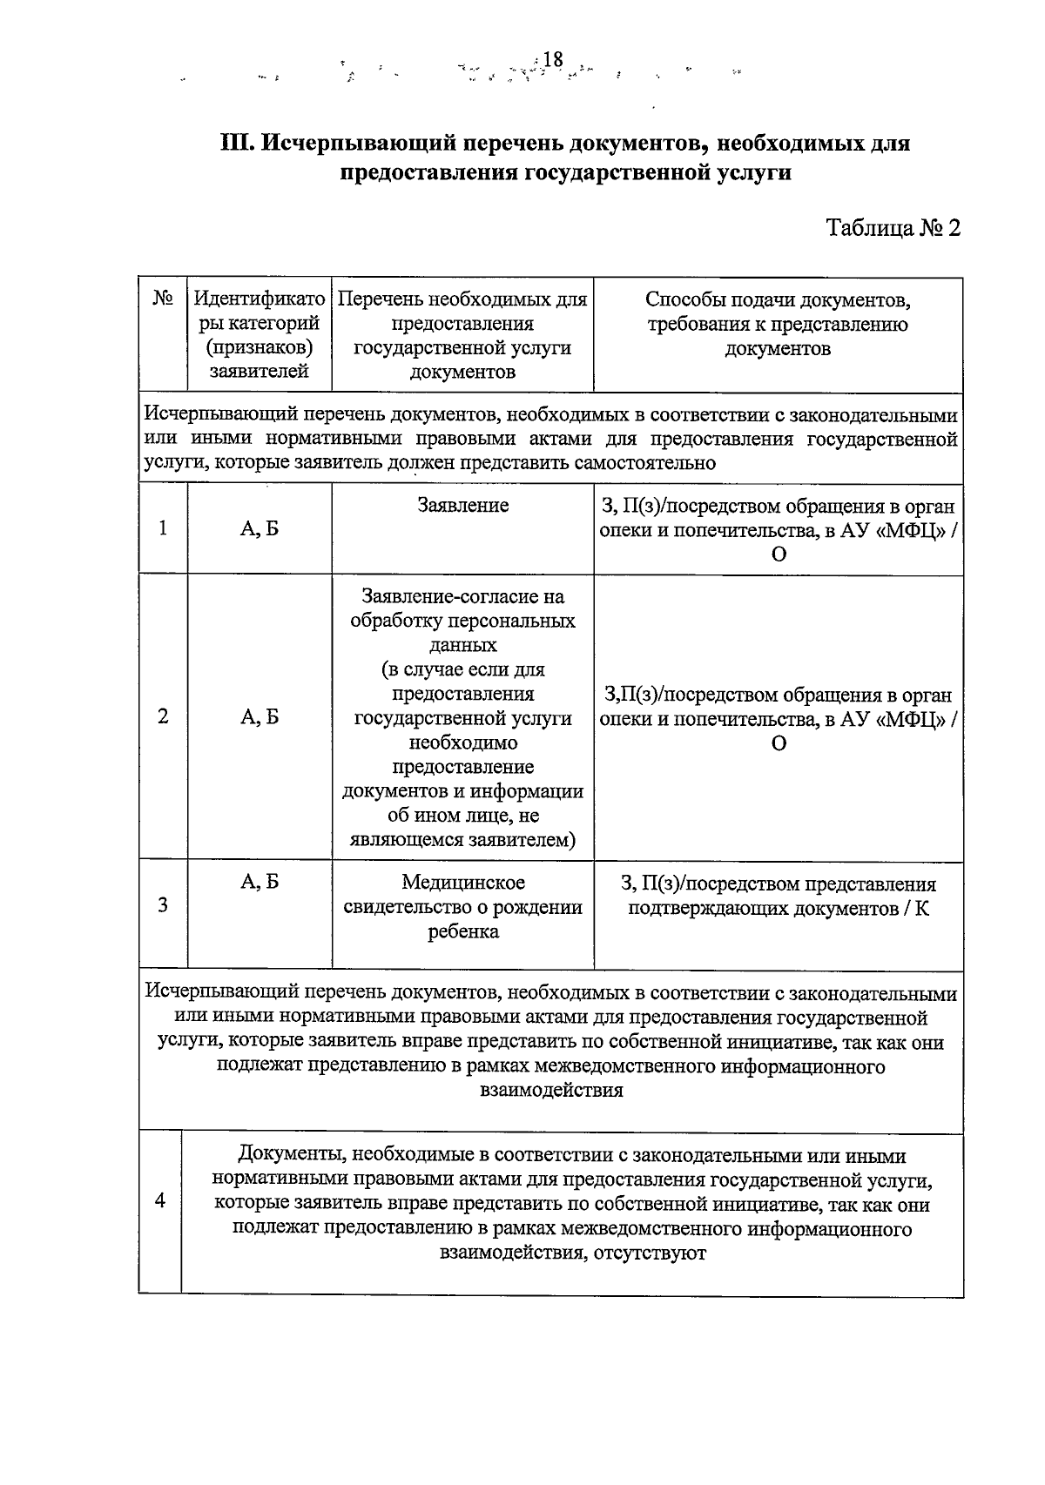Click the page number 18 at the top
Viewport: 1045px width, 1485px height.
[553, 59]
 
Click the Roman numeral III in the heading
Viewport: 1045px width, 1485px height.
[236, 142]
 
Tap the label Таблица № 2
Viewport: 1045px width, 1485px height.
[893, 228]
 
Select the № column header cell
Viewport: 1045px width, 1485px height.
[163, 299]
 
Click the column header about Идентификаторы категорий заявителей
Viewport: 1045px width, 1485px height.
[260, 335]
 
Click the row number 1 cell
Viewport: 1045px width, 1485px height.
[163, 528]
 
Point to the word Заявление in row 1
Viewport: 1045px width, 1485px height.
[462, 506]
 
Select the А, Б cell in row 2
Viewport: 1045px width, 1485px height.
[260, 717]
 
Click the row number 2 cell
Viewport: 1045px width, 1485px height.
[163, 717]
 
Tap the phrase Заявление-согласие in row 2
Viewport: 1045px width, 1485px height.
[462, 597]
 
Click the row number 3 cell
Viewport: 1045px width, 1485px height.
[163, 905]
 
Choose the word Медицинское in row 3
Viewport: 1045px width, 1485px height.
[462, 883]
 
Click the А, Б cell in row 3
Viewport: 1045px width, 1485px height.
[260, 883]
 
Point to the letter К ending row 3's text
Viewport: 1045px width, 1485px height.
[921, 909]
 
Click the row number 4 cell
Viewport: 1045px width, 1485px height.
[159, 1200]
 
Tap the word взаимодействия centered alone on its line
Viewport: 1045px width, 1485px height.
[551, 1091]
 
